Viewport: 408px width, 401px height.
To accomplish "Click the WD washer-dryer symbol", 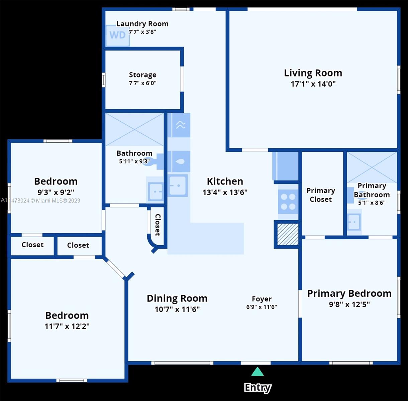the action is [x=118, y=35].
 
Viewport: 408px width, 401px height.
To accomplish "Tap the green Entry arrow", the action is [x=258, y=371].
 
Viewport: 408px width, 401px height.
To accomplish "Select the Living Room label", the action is [x=313, y=73].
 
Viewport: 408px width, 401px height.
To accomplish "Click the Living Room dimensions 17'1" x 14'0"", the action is [x=313, y=84].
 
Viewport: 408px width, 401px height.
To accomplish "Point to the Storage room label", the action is [x=143, y=75].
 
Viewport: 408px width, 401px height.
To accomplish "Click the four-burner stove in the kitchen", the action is [x=288, y=202].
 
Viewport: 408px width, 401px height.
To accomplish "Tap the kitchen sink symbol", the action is [x=178, y=185].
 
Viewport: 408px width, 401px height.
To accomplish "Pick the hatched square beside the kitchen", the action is [x=288, y=234].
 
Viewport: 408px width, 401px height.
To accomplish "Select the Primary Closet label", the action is [x=321, y=195].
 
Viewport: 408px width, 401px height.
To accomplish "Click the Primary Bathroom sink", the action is [x=354, y=222].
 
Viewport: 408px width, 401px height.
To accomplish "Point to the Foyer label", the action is [x=262, y=299].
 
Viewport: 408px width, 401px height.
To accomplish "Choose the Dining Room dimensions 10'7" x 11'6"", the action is [x=177, y=309].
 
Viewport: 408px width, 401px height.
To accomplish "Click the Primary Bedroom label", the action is [x=349, y=293].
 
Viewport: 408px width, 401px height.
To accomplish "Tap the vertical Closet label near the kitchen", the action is [x=158, y=225].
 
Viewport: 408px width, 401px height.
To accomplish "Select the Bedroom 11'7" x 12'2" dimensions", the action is [x=67, y=326].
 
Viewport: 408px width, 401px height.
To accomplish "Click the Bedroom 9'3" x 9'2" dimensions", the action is [x=56, y=192].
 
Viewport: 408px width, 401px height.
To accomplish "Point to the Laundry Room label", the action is [x=142, y=24].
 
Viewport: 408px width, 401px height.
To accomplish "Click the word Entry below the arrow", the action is [x=258, y=388].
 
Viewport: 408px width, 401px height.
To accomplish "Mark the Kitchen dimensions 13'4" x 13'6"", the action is [x=225, y=192].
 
